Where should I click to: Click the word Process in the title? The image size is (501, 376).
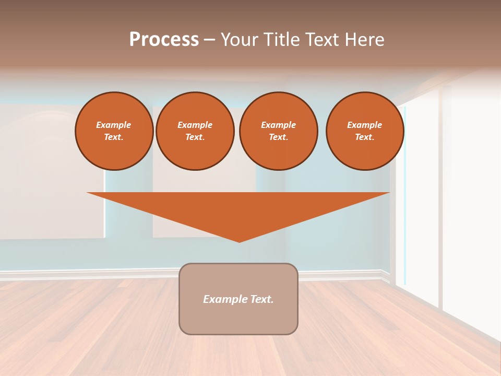[x=164, y=40]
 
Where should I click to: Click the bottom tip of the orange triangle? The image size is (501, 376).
[x=239, y=241]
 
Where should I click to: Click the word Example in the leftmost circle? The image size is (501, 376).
[x=114, y=125]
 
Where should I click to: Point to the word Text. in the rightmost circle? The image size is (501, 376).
[x=364, y=137]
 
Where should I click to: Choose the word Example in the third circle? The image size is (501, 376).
[x=278, y=125]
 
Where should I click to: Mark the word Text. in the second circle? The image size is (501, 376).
[x=195, y=137]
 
